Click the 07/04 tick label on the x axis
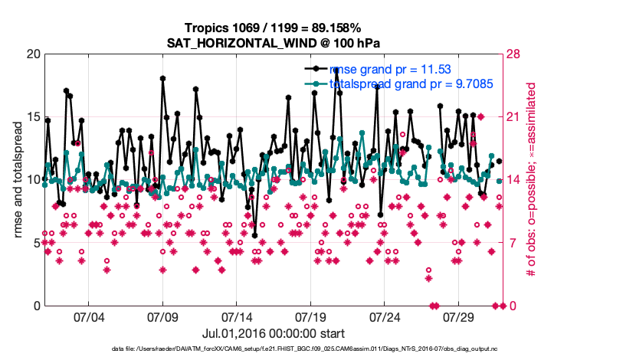pos(88,316)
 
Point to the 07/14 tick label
pos(237,316)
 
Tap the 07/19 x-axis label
pos(311,316)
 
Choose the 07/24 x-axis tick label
pos(385,316)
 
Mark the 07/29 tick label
pos(460,316)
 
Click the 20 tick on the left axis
pos(31,54)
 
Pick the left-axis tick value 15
pos(31,117)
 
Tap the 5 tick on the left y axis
pos(35,243)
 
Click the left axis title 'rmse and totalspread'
pos(18,180)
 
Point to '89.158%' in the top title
pos(335,28)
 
